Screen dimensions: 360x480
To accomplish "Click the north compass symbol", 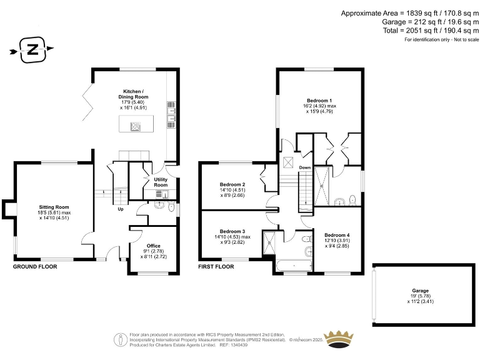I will pos(32,50).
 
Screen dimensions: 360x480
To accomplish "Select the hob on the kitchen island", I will pos(136,126).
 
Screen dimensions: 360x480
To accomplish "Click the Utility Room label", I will pos(161,182).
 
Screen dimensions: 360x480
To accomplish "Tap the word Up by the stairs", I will pos(121,209).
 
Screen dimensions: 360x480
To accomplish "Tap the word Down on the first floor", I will pos(304,167).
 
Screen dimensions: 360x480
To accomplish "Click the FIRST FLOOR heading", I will pos(216,266).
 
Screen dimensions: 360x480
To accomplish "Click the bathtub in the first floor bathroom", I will pos(292,267).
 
